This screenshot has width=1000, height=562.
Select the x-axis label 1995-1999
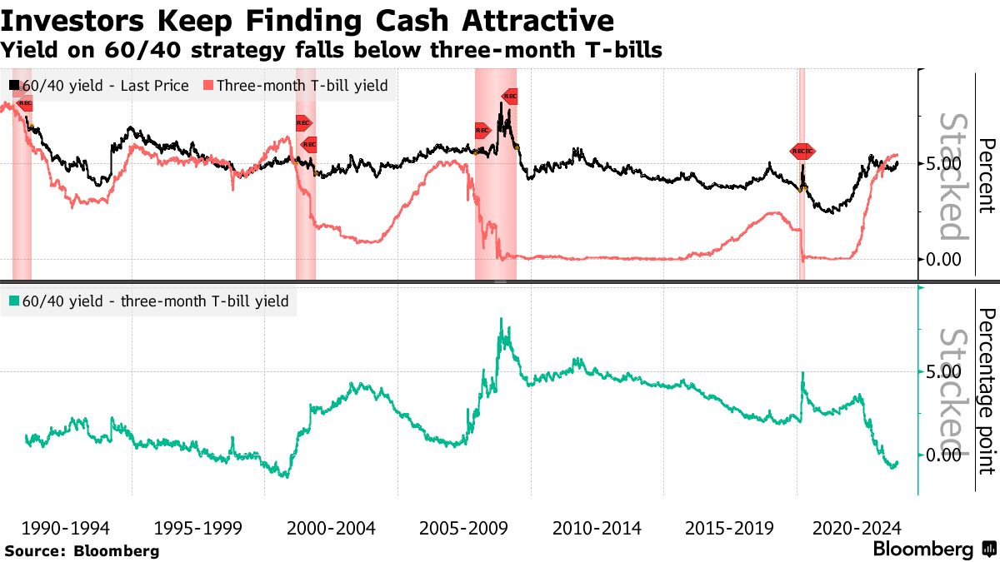coord(197,528)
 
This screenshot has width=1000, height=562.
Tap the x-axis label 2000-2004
coord(330,528)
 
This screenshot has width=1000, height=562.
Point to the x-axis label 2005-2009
coord(462,528)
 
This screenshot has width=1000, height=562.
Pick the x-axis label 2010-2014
coord(595,528)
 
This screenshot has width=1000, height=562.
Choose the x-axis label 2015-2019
coord(727,528)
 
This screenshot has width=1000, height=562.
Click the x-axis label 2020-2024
coord(857,528)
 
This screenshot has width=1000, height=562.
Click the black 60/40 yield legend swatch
coord(14,85)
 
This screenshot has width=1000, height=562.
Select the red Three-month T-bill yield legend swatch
coord(208,85)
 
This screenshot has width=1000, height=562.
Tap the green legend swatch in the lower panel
coord(14,301)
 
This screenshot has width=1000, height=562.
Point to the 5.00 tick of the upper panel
coord(943,164)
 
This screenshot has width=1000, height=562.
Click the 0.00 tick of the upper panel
coord(943,259)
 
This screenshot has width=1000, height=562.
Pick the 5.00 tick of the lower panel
coord(943,371)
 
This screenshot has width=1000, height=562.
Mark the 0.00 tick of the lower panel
coord(943,455)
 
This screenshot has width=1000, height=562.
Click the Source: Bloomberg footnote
coord(82,550)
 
